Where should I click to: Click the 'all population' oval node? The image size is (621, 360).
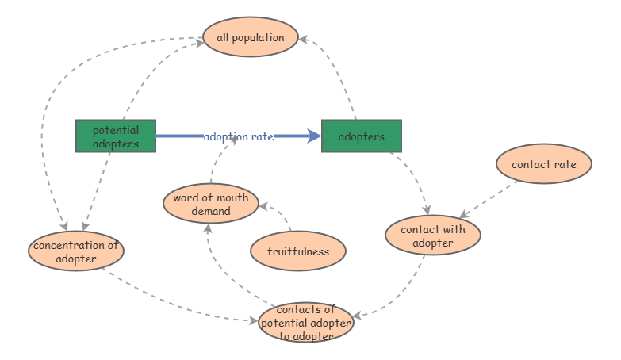250,37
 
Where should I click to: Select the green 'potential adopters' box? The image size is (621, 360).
116,136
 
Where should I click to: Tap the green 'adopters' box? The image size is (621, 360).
362,136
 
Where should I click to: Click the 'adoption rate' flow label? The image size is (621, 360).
238,136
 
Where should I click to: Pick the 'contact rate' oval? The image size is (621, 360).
543,164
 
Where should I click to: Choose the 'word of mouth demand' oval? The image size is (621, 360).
211,204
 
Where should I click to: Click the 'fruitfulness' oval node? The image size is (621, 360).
297,251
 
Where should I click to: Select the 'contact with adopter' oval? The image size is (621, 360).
432,236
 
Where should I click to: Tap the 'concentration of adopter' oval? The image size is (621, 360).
76,251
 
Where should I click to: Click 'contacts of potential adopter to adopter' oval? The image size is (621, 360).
306,322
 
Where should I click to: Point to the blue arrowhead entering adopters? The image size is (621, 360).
314,136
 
